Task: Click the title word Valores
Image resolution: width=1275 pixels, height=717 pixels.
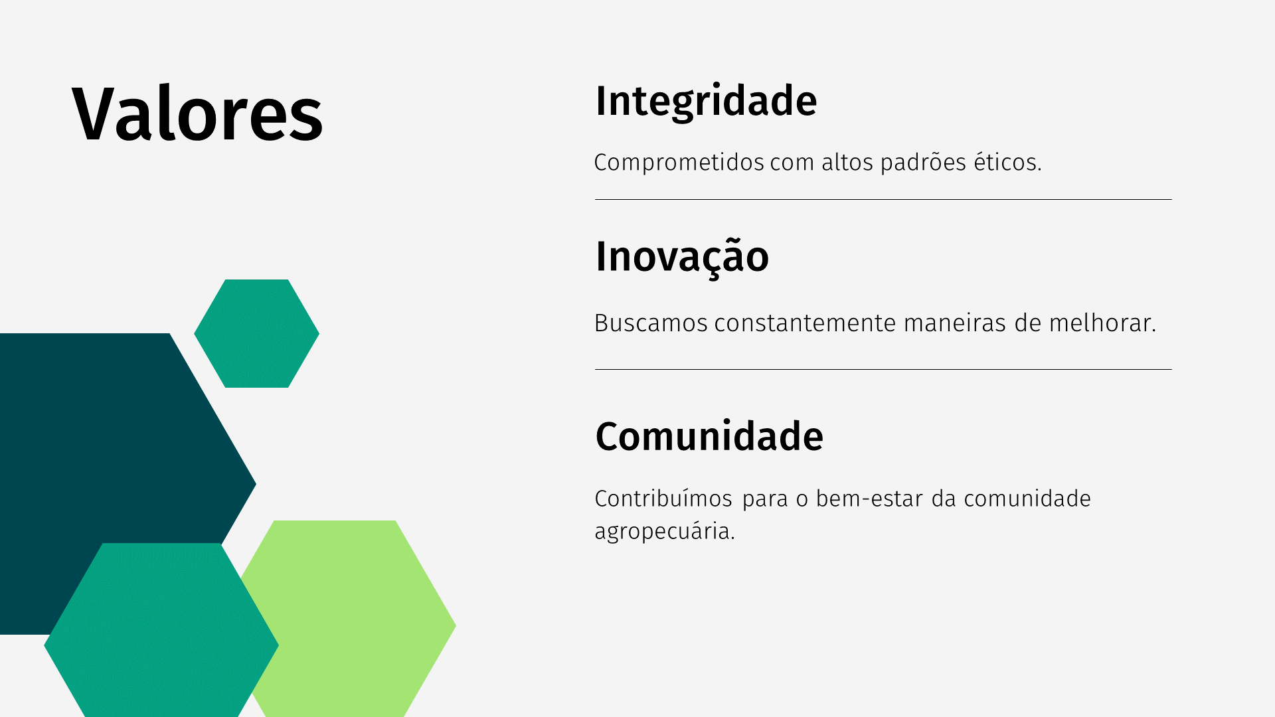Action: coord(197,114)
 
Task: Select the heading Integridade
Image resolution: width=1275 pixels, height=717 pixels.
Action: coord(706,102)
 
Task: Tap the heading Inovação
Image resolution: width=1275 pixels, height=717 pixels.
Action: coord(682,257)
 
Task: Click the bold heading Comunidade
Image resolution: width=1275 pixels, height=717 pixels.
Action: coord(709,436)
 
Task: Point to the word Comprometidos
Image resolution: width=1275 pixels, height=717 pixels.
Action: coord(679,163)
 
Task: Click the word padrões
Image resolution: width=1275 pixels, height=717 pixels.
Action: coord(923,163)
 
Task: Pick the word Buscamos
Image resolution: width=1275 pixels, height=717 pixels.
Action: coord(651,323)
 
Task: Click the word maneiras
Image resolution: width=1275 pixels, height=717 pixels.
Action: coord(955,323)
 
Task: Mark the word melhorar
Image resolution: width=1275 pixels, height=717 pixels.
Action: coord(1102,323)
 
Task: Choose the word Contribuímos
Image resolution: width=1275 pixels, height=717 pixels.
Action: coord(663,499)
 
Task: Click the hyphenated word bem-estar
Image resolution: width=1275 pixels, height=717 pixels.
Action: coord(869,499)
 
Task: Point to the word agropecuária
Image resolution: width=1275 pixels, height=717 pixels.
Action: coord(664,532)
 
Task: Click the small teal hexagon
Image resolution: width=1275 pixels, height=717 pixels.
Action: coord(256,333)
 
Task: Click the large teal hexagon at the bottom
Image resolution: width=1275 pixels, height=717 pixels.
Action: coord(161,631)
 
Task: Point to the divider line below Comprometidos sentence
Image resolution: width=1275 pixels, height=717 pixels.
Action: coord(883,199)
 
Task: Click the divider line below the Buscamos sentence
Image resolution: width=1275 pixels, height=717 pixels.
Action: coord(883,369)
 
